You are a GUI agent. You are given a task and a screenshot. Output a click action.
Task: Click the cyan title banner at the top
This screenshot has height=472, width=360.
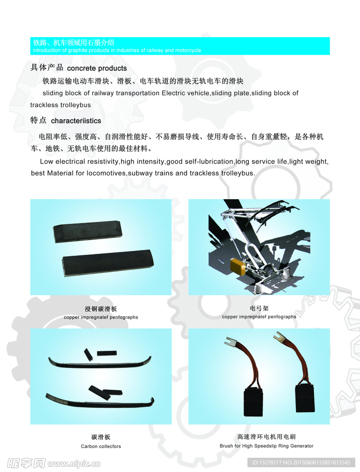pos(180,46)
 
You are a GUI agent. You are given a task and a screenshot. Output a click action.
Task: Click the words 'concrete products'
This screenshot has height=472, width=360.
pos(97,68)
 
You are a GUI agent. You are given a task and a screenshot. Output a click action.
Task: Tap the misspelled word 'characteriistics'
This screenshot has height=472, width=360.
pos(76,121)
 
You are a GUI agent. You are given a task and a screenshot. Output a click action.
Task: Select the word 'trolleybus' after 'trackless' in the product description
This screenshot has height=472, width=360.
pos(76,105)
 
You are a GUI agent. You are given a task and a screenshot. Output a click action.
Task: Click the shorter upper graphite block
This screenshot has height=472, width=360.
pos(87,231)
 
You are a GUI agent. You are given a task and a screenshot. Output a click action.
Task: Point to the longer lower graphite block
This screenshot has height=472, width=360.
pos(107,262)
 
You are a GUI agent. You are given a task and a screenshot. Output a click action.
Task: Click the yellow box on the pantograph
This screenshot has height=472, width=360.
pos(238,266)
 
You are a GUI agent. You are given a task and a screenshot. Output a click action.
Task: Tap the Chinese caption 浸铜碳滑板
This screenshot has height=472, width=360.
pos(101,309)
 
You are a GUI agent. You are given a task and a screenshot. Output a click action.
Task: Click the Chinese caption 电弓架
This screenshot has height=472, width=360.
pos(259,308)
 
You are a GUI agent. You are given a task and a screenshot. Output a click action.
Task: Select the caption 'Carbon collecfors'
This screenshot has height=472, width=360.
pos(101,446)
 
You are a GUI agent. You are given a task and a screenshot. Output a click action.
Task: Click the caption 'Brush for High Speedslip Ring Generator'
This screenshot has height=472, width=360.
pos(266,446)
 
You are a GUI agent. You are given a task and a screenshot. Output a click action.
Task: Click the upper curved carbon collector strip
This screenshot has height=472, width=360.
pos(100,363)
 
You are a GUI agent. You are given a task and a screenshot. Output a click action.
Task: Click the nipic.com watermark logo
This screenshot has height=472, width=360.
pos(54,463)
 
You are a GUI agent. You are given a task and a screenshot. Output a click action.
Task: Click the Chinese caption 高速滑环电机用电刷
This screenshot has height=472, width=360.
pos(266,437)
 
